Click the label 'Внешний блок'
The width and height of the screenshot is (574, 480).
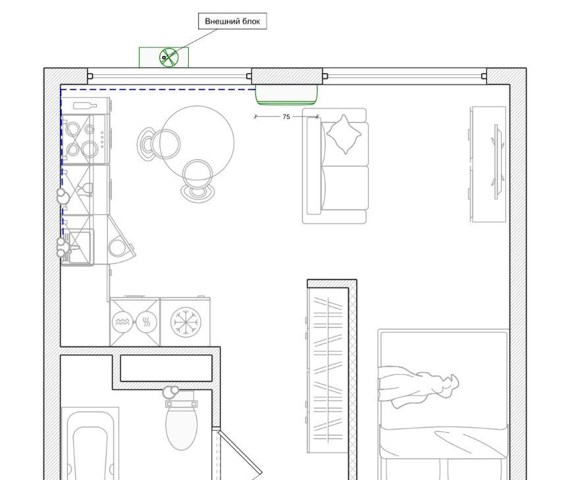pos(232,21)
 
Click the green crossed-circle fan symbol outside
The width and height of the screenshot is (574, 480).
pos(169,57)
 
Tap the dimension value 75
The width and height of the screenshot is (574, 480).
pos(286,116)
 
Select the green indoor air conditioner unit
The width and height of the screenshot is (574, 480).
pos(286,95)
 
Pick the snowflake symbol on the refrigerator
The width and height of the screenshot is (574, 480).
pos(186,322)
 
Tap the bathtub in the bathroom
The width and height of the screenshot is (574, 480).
pos(90,443)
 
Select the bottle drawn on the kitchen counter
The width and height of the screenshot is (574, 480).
pos(85,106)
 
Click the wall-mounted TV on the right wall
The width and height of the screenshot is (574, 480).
pos(498,162)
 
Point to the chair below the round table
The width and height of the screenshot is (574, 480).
pos(197,181)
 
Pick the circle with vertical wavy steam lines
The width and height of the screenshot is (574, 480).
pos(146,322)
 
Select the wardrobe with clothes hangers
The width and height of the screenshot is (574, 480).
pos(328,370)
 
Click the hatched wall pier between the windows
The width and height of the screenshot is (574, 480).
pos(287,76)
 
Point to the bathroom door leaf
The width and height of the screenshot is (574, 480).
pos(240,452)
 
